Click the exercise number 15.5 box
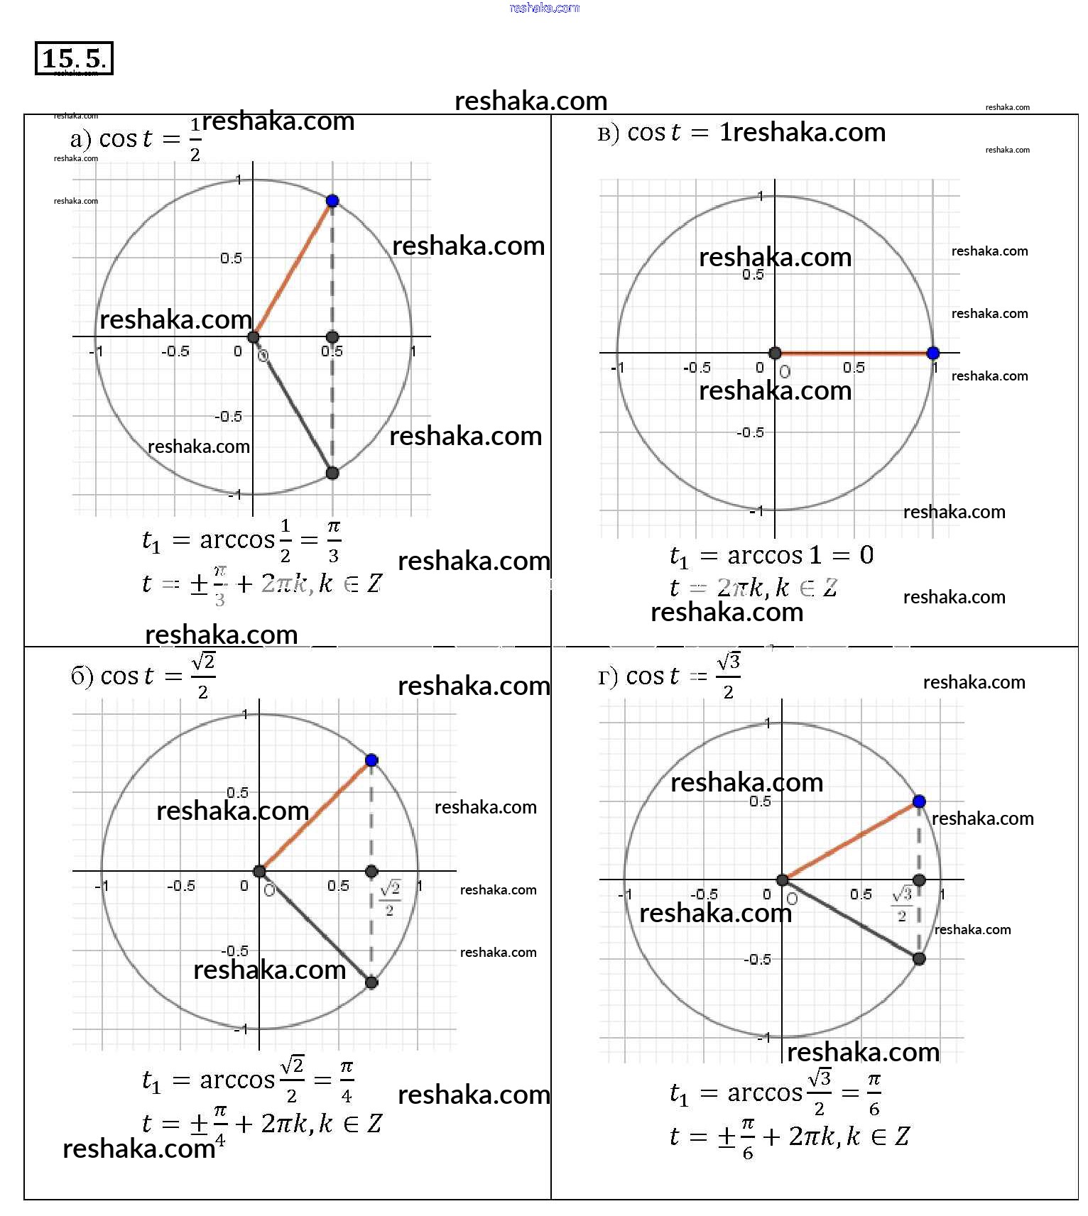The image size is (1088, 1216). (x=74, y=58)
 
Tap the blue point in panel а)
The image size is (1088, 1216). (x=332, y=201)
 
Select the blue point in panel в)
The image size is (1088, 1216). (x=933, y=353)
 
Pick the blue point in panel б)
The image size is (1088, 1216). (x=371, y=760)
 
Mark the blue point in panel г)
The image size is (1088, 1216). (x=919, y=801)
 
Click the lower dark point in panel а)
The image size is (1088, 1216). (x=332, y=473)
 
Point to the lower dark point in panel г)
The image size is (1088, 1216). (x=919, y=959)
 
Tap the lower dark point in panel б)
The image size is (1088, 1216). (x=371, y=982)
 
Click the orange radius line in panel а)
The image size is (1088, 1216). (x=293, y=269)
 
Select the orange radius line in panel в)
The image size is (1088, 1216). (x=854, y=353)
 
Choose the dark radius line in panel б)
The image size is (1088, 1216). (x=315, y=927)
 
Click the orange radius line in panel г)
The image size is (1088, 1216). (x=851, y=840)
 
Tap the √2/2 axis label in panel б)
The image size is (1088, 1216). (x=390, y=897)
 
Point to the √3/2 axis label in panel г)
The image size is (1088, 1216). (x=902, y=903)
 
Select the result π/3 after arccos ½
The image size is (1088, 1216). (x=333, y=541)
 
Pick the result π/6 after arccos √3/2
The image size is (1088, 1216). (x=874, y=1094)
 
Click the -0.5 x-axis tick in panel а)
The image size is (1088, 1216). (x=175, y=351)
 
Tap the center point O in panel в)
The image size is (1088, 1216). (x=776, y=353)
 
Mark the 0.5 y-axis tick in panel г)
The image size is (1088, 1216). (x=760, y=801)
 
